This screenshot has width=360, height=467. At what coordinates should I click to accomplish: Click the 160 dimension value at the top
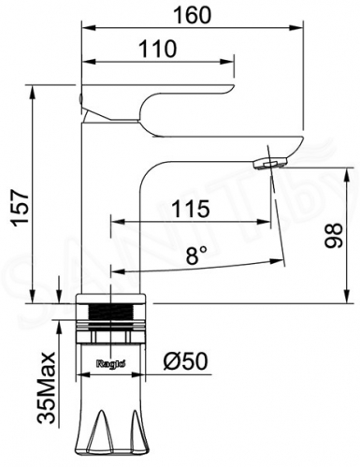(192, 15)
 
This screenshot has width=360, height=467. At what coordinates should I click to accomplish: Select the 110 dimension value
(157, 49)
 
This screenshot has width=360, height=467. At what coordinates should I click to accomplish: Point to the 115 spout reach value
(190, 209)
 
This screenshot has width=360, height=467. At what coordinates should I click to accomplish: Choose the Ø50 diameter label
(185, 361)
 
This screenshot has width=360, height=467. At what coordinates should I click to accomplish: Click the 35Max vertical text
(47, 387)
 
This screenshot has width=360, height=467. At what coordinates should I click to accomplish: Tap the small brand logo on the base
(111, 364)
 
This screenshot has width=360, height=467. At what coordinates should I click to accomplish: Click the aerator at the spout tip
(270, 164)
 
